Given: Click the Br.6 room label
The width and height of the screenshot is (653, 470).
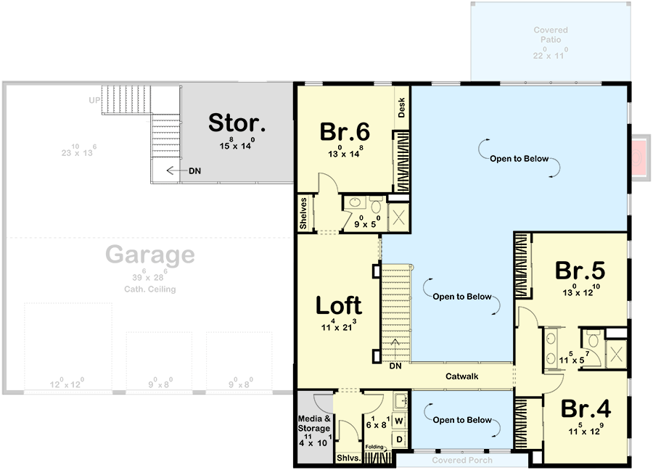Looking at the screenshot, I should [345, 132].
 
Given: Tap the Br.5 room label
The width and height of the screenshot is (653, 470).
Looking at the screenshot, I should [580, 271].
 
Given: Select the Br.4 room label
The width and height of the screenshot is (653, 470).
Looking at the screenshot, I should [585, 408].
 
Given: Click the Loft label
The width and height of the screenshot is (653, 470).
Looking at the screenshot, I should [339, 306].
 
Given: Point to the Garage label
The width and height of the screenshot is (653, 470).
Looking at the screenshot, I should [150, 255].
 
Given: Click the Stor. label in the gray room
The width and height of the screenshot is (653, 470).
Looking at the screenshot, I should [237, 123].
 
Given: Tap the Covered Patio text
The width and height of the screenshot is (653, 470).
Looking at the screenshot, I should [550, 35].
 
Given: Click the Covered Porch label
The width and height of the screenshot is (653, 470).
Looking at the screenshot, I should [462, 461].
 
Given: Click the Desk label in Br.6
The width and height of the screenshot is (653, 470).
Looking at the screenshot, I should [402, 108].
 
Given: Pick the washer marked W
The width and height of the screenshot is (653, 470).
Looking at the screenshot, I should [399, 421].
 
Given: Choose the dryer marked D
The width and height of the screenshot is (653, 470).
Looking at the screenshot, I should [399, 440].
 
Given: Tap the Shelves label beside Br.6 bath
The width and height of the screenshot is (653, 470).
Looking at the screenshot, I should [304, 213].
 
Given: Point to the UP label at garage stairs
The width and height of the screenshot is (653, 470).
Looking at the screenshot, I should [94, 100].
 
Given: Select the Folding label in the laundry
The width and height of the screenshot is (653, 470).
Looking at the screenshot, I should [374, 448].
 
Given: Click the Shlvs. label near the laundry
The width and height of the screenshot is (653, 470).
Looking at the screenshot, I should [346, 458].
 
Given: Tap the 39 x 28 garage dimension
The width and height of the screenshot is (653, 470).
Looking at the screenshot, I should [150, 277].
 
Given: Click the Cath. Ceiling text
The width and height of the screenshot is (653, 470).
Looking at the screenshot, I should [150, 289].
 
